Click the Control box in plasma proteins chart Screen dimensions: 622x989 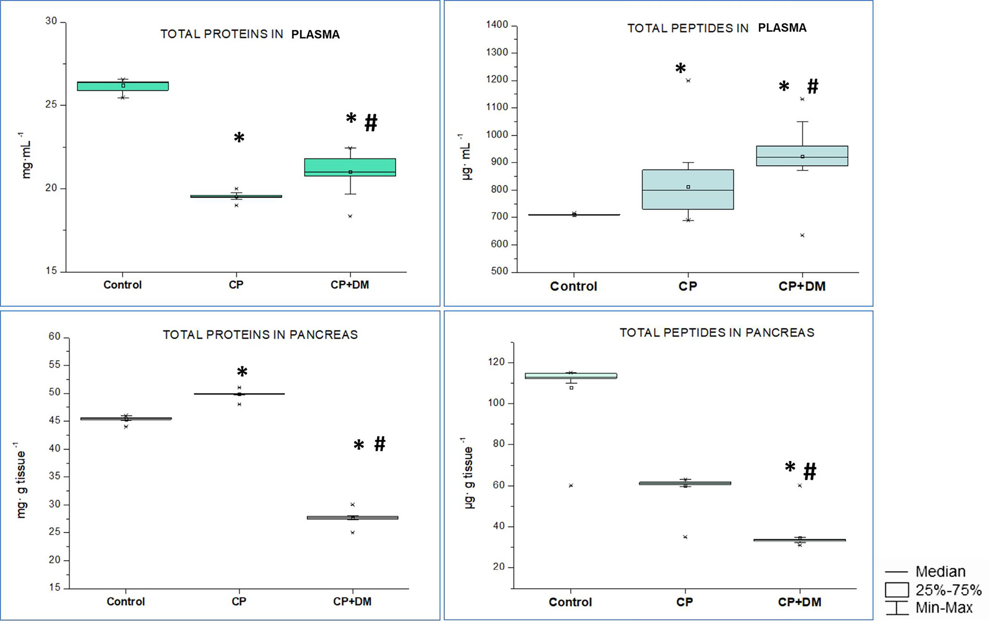click(x=123, y=86)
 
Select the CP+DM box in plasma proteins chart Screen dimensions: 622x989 click(x=350, y=167)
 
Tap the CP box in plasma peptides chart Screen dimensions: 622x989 click(x=687, y=190)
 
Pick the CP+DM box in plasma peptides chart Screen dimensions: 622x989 click(x=802, y=156)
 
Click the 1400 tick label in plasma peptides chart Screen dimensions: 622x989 click(x=497, y=25)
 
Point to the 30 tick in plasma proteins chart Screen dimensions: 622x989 click(x=51, y=21)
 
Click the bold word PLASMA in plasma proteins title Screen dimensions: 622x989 click(x=315, y=35)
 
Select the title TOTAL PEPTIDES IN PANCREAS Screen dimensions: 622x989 click(x=716, y=333)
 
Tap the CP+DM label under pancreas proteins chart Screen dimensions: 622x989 click(x=352, y=602)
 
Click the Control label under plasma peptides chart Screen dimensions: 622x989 click(x=573, y=287)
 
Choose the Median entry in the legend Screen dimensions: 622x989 click(x=940, y=571)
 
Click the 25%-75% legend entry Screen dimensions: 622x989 click(x=948, y=590)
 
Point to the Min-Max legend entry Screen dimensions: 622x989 click(x=944, y=608)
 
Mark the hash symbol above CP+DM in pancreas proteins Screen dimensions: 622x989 click(x=380, y=444)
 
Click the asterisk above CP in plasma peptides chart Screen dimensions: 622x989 click(x=681, y=68)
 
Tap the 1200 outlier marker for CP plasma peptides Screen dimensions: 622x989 click(x=688, y=81)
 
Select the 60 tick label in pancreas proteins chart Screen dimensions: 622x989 click(x=54, y=337)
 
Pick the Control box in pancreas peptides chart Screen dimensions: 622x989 click(x=570, y=376)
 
